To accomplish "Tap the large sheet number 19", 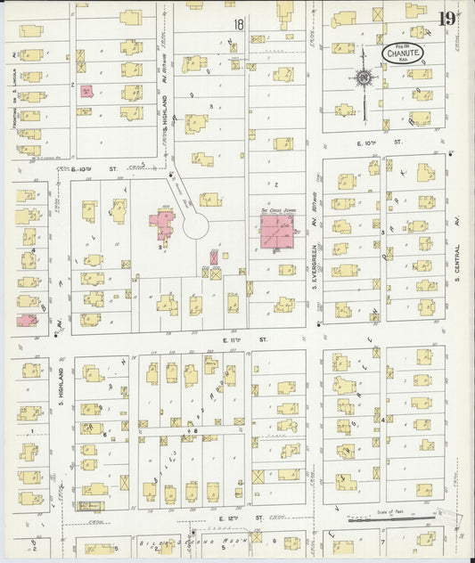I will click(x=446, y=19).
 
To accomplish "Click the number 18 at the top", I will click(x=238, y=25).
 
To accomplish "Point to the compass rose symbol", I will click(x=364, y=78).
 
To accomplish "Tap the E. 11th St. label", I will click(x=252, y=340).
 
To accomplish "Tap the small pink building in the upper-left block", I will click(x=86, y=91).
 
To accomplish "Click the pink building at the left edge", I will click(x=26, y=319).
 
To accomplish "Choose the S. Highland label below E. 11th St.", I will click(x=61, y=384).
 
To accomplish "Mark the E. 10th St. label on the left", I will click(x=103, y=167).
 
